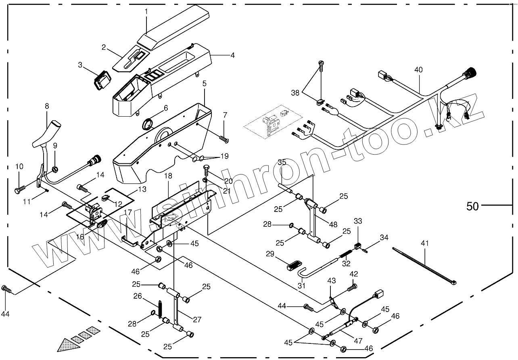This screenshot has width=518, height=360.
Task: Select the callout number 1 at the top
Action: [x=146, y=11]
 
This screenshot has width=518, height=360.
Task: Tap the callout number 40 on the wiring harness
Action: [x=418, y=69]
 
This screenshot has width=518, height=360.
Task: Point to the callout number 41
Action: [x=425, y=243]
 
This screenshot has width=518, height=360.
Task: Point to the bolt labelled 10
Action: [x=20, y=188]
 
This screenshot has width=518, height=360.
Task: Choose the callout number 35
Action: [x=282, y=162]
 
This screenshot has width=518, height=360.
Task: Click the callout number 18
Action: [x=168, y=176]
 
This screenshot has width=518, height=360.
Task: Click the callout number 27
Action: [x=197, y=320]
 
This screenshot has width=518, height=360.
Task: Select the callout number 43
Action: [x=332, y=280]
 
